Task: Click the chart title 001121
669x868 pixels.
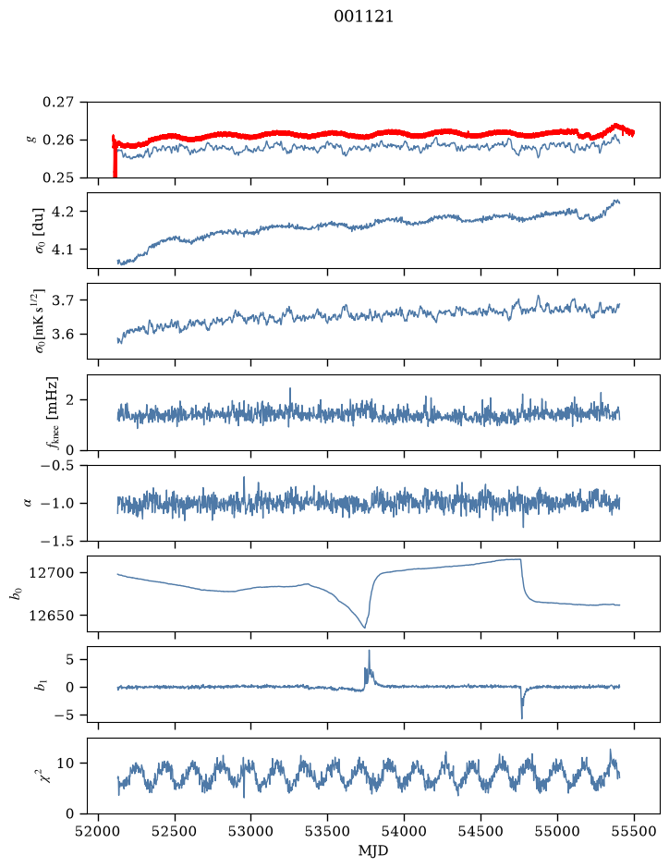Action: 363,17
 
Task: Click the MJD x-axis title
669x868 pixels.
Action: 373,850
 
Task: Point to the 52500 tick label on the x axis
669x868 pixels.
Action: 175,831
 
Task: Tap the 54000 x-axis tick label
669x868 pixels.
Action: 404,831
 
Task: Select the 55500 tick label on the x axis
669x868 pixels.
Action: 634,831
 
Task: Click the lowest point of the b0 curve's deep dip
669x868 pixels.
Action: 365,628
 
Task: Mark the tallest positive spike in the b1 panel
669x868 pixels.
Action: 369,651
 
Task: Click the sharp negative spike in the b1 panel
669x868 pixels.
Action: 522,718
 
